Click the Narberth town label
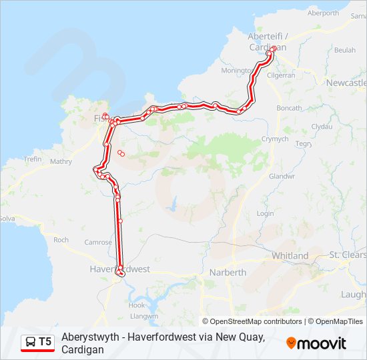tap(228, 272)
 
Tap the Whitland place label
tap(290, 255)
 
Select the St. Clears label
tap(348, 255)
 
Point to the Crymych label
tap(274, 139)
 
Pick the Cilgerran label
tap(280, 75)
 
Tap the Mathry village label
tap(61, 161)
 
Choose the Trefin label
tap(33, 159)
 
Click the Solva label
tap(6, 218)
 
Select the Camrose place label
tap(97, 243)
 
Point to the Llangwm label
tap(144, 316)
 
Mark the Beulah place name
tap(344, 50)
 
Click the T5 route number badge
tap(45, 341)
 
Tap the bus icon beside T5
tap(31, 341)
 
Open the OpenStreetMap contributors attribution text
tap(256, 321)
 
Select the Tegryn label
tap(304, 144)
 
